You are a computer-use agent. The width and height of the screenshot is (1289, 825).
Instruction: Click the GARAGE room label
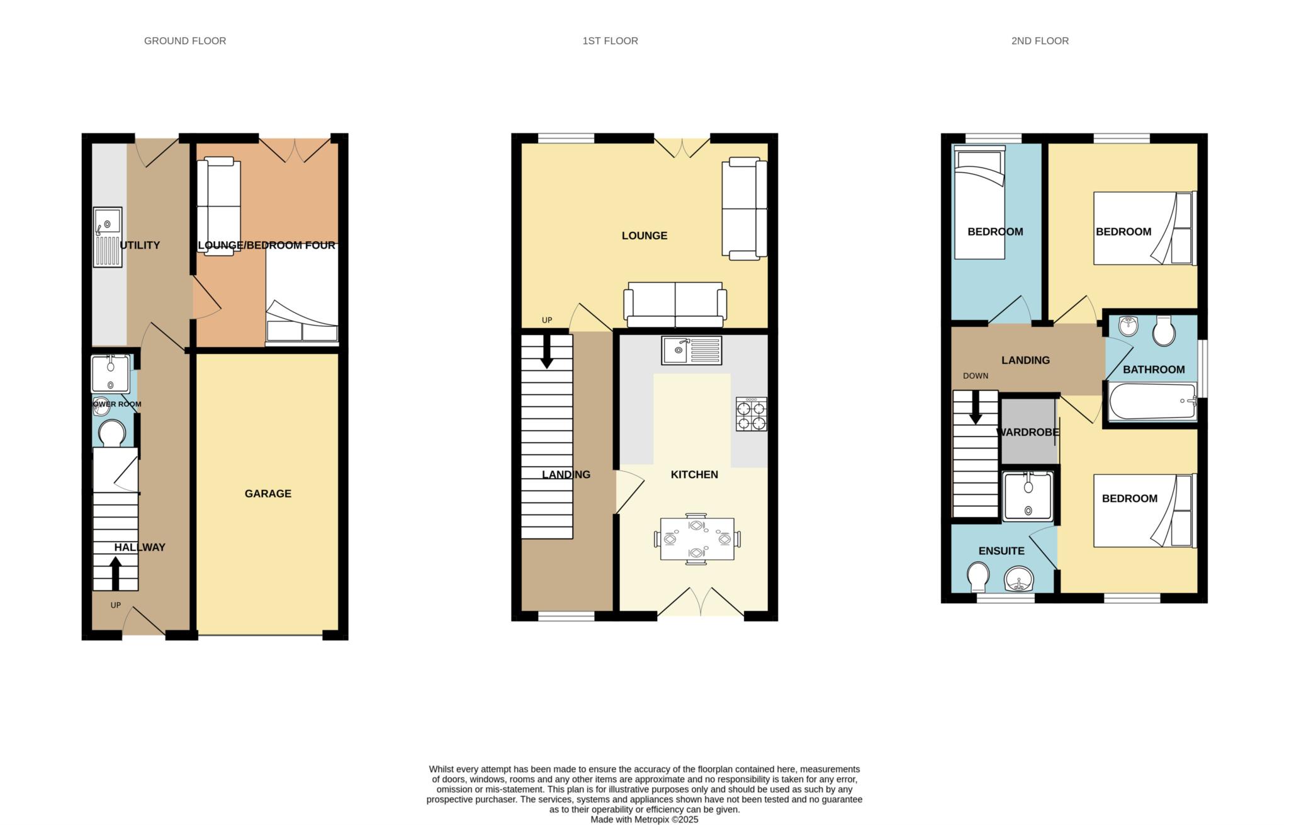point(268,494)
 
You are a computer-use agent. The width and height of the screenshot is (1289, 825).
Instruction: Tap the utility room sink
point(108,237)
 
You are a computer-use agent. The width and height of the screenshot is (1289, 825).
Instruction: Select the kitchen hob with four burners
point(751,414)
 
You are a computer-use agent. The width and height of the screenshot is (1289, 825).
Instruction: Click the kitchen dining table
point(697,539)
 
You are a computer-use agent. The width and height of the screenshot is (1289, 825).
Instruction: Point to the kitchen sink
point(692,350)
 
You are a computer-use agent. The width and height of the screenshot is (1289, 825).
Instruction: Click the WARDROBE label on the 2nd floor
point(1028,433)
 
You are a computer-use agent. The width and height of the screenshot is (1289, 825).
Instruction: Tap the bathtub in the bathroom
point(1152,401)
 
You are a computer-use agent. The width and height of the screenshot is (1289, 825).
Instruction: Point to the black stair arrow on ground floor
point(116,572)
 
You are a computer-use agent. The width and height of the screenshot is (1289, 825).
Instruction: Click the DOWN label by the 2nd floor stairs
point(976,376)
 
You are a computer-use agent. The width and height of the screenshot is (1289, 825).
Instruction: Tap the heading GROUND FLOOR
point(185,41)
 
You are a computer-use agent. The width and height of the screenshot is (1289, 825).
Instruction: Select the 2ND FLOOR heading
point(1040,41)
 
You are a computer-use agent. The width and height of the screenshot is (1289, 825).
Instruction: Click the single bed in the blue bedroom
point(979,203)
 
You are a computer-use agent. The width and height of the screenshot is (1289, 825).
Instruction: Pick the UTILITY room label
point(140,246)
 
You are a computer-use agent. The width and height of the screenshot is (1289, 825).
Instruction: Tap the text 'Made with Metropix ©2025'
point(644,819)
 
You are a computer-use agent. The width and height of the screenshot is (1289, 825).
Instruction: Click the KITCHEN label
point(694,475)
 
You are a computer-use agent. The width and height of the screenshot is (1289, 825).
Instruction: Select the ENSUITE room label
point(1001,551)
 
